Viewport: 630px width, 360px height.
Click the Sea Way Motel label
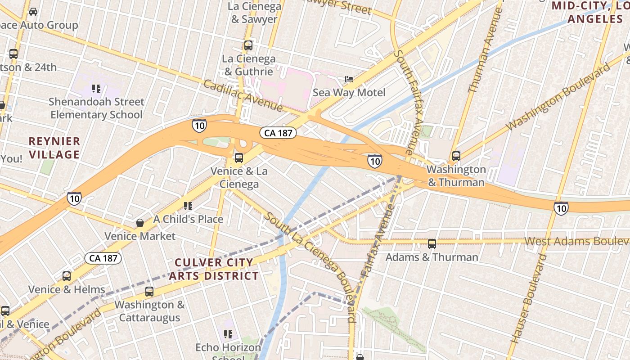click(x=349, y=93)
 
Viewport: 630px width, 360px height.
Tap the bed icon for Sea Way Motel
click(x=349, y=79)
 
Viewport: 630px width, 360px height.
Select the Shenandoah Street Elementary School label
click(x=97, y=108)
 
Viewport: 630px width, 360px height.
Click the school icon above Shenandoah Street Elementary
click(x=96, y=88)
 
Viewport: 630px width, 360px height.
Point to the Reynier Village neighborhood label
click(x=54, y=148)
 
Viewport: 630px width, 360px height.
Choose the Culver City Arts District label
click(x=214, y=269)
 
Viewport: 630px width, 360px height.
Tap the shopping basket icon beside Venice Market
click(x=140, y=222)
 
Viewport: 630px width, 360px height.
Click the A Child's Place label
click(x=188, y=219)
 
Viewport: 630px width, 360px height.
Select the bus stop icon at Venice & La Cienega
click(x=239, y=158)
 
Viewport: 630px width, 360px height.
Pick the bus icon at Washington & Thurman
click(x=456, y=156)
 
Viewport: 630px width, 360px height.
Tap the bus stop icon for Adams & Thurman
click(x=432, y=244)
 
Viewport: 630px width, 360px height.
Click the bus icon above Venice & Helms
click(x=67, y=276)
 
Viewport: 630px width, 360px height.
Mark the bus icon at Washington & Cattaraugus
click(x=149, y=291)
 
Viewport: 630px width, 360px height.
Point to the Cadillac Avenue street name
click(x=243, y=96)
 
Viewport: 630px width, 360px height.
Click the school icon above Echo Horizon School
click(x=228, y=334)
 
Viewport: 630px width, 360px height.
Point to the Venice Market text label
click(x=140, y=236)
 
